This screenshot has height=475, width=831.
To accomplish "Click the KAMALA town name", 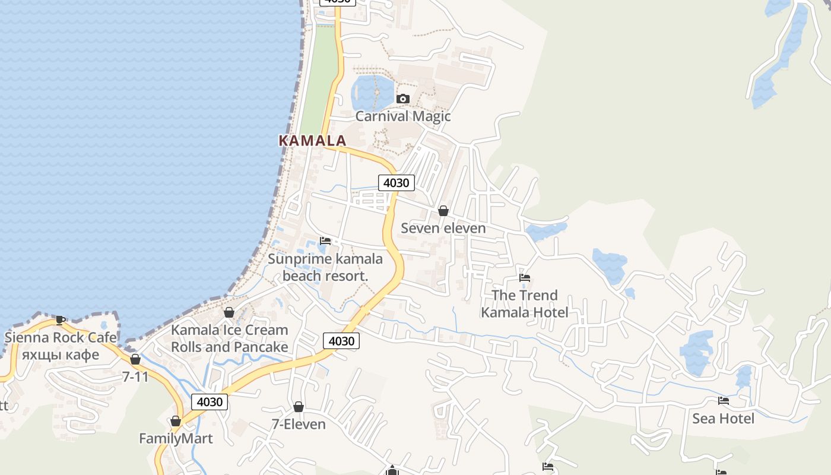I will tap(312, 141).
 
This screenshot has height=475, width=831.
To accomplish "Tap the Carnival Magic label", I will tap(402, 116).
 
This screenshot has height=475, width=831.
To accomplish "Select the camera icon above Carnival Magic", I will tap(403, 99).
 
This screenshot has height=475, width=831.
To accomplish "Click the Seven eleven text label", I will tap(443, 228).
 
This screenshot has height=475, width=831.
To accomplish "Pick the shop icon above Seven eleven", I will tap(443, 211).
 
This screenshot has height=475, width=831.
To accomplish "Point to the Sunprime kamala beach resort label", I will tap(325, 267).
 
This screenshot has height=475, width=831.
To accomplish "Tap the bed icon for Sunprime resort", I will tap(325, 241).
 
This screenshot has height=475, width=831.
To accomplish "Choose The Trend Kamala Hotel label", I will tap(525, 303).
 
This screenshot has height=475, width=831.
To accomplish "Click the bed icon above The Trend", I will tap(525, 277).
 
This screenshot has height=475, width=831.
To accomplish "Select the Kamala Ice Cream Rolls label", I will tap(230, 338).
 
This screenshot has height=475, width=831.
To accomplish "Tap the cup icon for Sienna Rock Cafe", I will tap(61, 320).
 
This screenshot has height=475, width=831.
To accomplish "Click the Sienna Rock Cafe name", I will tap(61, 338).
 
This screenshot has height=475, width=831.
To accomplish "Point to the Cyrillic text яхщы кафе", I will tap(61, 355).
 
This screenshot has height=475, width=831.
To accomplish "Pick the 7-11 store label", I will tap(135, 376).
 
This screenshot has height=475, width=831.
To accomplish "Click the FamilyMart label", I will tap(176, 439).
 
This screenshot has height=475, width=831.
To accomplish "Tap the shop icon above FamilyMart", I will tap(176, 422).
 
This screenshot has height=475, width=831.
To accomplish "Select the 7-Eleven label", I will tap(299, 424).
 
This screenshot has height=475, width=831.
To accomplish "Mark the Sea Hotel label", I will tap(723, 419).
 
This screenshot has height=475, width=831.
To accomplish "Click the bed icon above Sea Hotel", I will tap(723, 401).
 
